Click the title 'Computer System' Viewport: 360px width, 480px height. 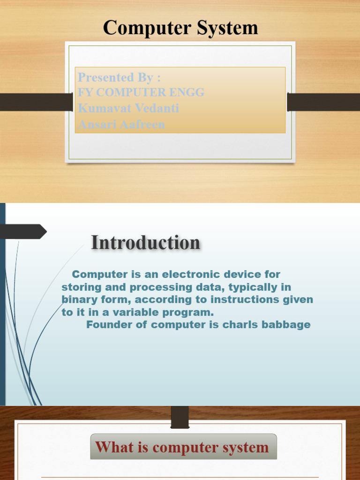click(x=180, y=28)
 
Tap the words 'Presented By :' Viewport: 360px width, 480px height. click(x=119, y=77)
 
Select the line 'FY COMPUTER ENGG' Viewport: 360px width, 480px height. click(x=141, y=92)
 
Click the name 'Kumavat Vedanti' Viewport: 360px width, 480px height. click(x=128, y=108)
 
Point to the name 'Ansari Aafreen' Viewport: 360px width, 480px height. click(x=121, y=124)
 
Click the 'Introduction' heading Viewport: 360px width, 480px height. click(x=145, y=243)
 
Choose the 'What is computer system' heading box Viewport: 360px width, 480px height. click(x=183, y=447)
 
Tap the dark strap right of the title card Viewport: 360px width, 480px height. click(x=323, y=102)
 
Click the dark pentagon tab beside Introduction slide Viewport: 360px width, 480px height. click(x=23, y=232)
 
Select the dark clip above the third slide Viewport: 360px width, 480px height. click(x=180, y=417)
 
